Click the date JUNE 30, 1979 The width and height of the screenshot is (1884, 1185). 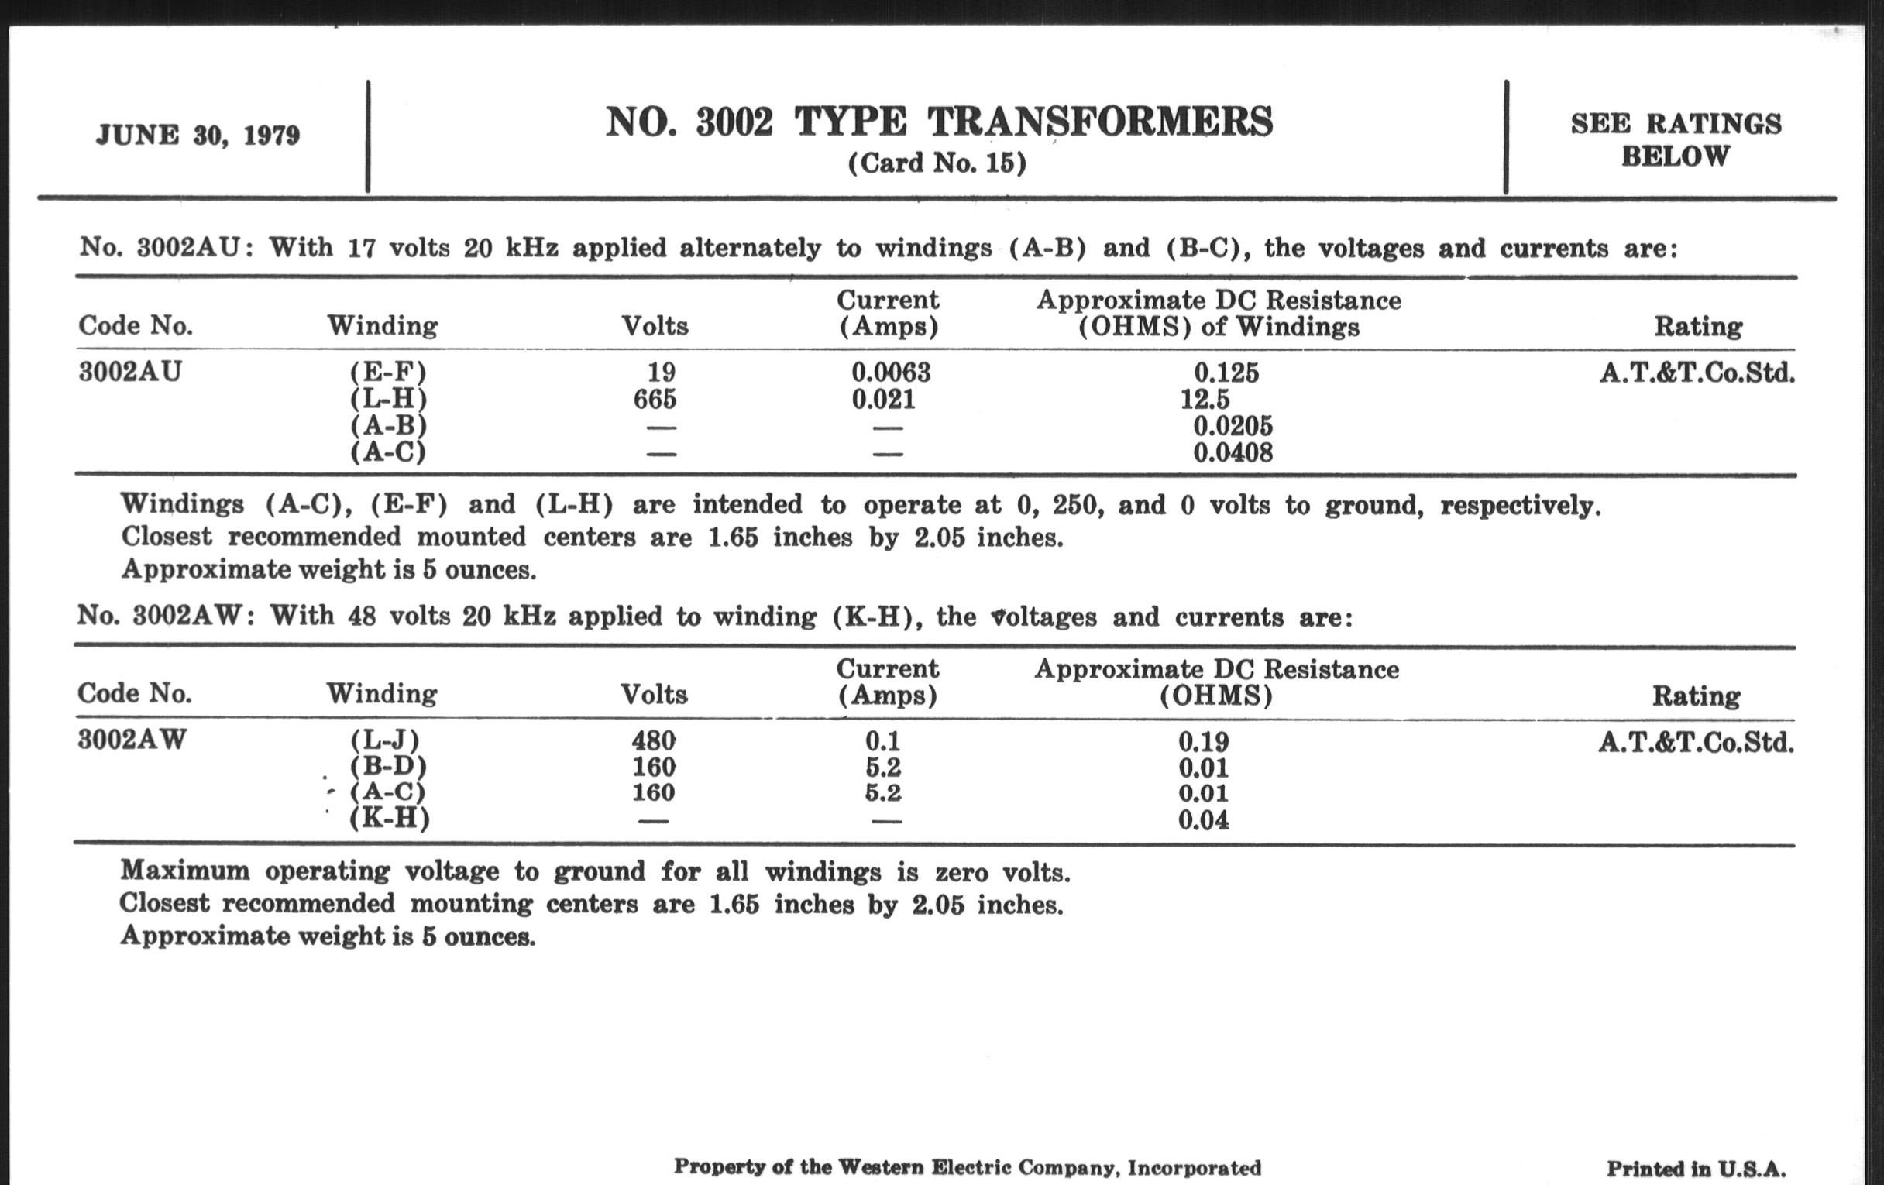(x=198, y=135)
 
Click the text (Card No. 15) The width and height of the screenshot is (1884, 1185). (x=937, y=163)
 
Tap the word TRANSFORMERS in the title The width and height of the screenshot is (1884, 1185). (x=1100, y=122)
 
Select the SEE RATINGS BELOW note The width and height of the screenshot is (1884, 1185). (x=1675, y=139)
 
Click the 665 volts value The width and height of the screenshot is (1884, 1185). (x=654, y=399)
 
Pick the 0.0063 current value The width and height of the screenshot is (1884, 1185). (x=890, y=373)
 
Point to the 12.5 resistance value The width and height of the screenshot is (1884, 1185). (x=1204, y=399)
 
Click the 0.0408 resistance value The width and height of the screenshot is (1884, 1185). (x=1233, y=452)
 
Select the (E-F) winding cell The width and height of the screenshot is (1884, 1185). (x=388, y=373)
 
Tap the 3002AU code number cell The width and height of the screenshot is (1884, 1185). (x=130, y=372)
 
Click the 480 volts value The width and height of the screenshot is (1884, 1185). (x=654, y=740)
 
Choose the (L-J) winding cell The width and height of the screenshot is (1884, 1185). (x=385, y=740)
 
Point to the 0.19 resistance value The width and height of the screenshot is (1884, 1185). (x=1203, y=741)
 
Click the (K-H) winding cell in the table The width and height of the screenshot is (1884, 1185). (x=389, y=819)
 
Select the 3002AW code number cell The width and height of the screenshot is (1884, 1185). (x=132, y=739)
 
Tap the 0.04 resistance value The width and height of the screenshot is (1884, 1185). (x=1203, y=820)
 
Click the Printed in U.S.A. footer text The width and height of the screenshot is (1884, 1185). (x=1697, y=1169)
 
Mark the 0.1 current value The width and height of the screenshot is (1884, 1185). (x=882, y=740)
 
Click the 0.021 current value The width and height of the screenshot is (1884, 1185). (x=883, y=399)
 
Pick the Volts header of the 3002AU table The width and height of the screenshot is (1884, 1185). (x=655, y=325)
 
